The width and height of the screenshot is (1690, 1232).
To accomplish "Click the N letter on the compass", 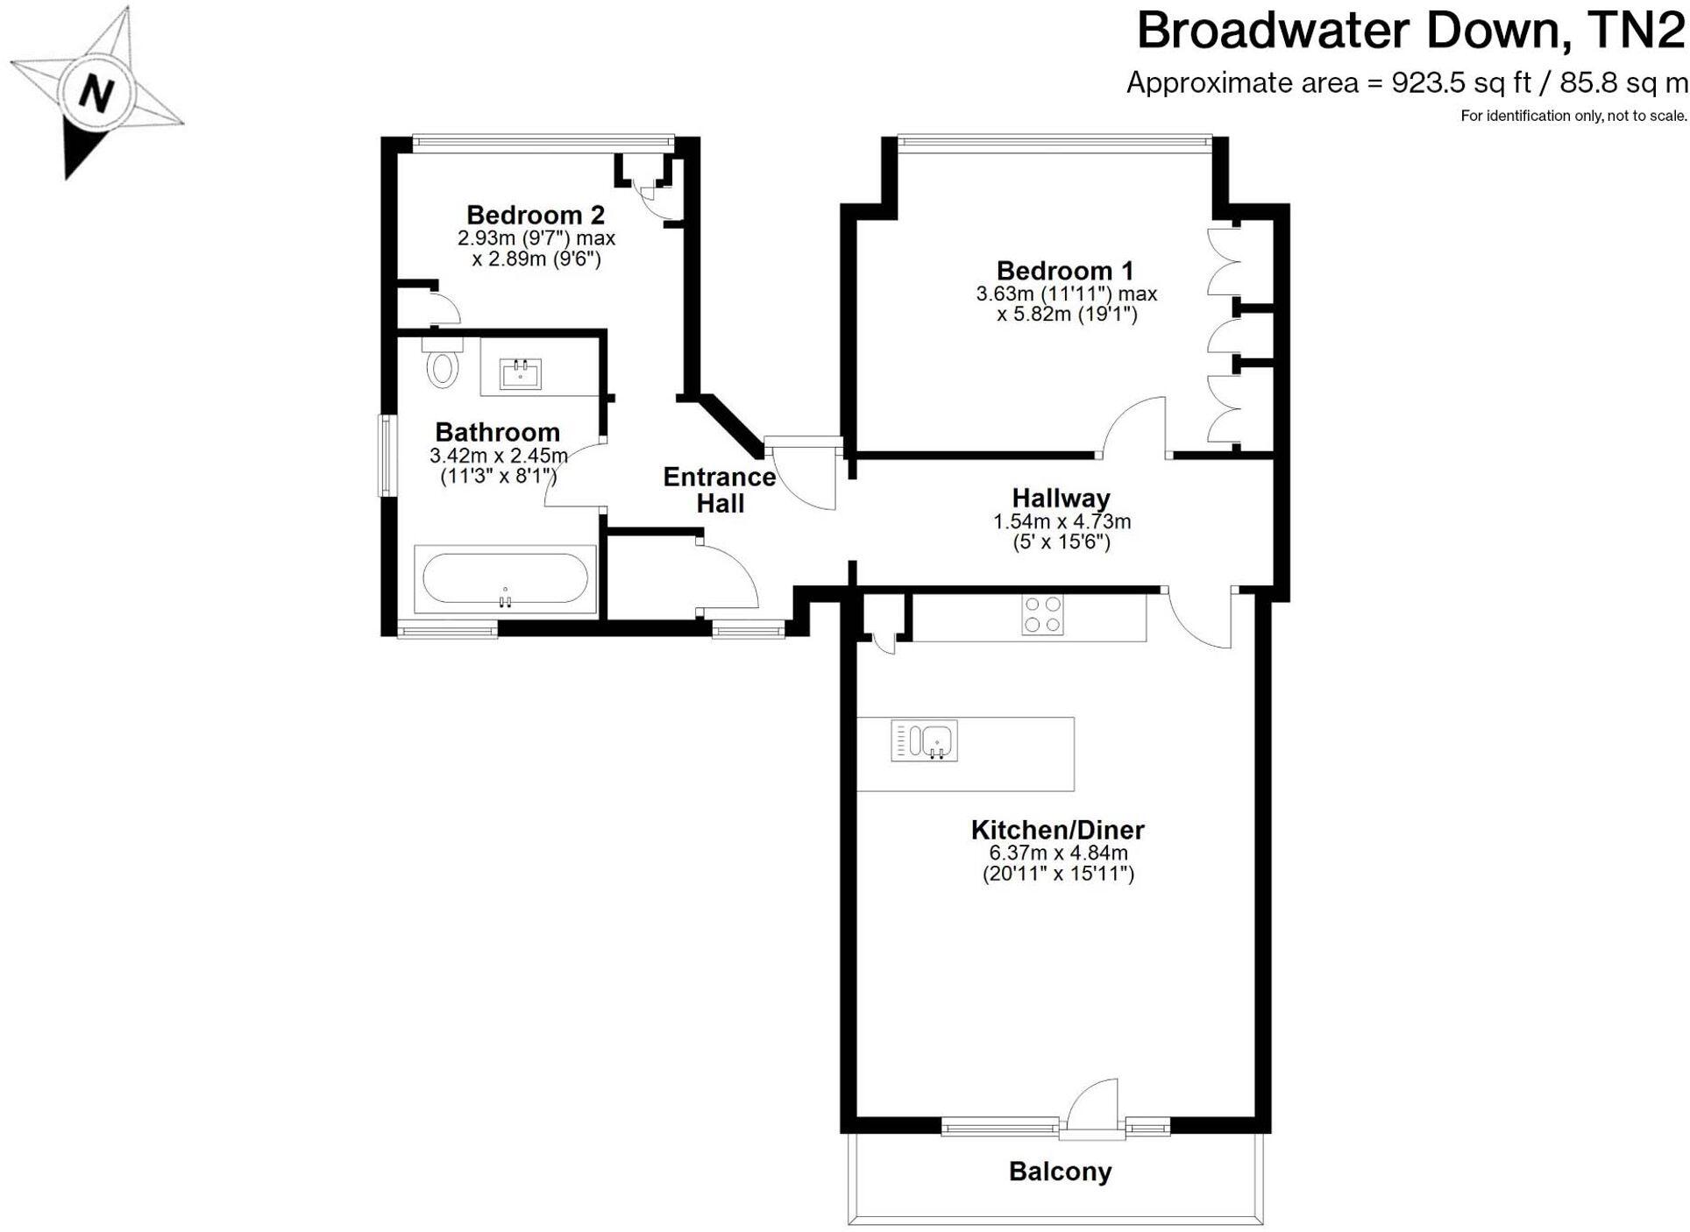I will coord(96,92).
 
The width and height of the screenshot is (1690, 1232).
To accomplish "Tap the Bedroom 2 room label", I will coord(535,215).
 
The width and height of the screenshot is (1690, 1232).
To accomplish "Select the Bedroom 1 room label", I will coord(1065,271).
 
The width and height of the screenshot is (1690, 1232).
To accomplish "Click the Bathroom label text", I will coord(497,432).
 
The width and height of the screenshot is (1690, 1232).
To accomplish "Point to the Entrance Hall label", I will coord(720,490).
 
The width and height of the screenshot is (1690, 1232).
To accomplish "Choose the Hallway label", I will coord(1061,499).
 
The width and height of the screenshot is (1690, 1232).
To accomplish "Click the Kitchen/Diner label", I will coord(1058,830).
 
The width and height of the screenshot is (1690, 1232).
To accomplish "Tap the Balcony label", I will coord(1060,1172).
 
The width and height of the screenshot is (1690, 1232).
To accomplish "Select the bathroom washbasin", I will coord(520,374).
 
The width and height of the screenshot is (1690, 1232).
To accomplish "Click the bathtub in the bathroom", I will coord(505,578).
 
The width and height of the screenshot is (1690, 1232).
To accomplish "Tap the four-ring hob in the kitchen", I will coord(1042,614).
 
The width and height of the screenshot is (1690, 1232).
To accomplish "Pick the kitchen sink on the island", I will coord(925,740).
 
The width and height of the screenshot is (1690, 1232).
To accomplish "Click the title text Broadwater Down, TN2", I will coord(1410,32).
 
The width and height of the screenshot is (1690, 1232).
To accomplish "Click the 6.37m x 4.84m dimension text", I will coord(1058,853).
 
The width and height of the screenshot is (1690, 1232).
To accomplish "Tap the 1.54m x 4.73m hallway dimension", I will coord(1062,521).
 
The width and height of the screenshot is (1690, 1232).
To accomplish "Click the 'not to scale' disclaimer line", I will coord(1573,116).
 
